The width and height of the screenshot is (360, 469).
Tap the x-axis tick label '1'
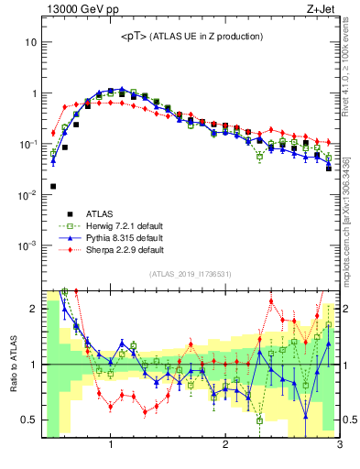[x=111, y=446]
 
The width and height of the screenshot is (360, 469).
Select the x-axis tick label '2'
[x=225, y=446]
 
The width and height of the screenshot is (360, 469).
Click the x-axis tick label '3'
[x=338, y=446]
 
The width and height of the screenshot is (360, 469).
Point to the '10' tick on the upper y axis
[x=28, y=43]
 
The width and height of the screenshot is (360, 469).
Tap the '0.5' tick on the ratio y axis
[x=27, y=420]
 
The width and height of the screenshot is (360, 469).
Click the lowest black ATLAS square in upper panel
[x=53, y=186]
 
